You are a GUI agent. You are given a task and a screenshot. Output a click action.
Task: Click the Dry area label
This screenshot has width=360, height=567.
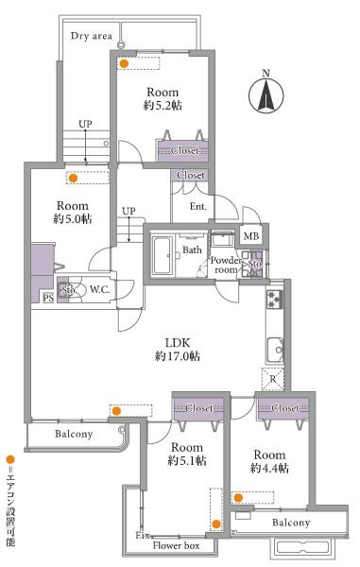[x=92, y=36]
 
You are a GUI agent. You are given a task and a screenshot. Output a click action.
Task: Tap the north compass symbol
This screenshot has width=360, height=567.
[x=266, y=93]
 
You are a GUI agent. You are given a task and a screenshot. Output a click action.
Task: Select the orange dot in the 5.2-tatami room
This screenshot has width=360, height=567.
[x=124, y=63]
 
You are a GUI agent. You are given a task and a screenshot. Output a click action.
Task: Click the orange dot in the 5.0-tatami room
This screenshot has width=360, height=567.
[x=74, y=178]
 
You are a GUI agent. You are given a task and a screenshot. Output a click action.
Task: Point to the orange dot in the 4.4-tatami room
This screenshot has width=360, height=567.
[x=238, y=498]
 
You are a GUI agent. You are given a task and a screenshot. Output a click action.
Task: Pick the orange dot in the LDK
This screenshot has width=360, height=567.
[x=116, y=411]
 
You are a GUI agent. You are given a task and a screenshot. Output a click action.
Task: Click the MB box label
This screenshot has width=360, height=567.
[x=250, y=236]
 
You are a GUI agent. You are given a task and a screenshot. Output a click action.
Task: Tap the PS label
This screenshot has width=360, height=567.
[x=48, y=298]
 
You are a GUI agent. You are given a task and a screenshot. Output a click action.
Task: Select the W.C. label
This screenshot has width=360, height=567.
[x=100, y=289]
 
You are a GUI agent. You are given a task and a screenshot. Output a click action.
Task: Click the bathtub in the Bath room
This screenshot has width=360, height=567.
[x=162, y=256]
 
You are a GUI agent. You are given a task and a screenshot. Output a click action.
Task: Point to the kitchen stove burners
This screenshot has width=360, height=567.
[x=274, y=299]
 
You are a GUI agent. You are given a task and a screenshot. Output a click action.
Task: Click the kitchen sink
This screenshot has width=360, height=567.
[x=275, y=350]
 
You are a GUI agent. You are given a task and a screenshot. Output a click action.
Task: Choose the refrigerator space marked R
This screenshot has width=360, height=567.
[x=273, y=379]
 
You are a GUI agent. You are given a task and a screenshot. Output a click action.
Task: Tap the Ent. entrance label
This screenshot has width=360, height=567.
[x=198, y=206]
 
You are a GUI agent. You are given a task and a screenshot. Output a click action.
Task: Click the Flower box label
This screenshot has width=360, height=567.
[x=176, y=545]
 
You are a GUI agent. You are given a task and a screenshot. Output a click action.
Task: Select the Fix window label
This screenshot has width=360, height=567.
[x=143, y=535]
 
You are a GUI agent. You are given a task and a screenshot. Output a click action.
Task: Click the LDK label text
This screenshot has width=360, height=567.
[x=178, y=342]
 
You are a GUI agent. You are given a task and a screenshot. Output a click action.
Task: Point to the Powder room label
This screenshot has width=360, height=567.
[x=226, y=265]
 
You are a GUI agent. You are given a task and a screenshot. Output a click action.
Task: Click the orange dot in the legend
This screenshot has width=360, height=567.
[x=10, y=460]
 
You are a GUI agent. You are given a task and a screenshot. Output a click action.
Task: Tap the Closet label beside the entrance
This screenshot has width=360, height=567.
[x=191, y=175]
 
